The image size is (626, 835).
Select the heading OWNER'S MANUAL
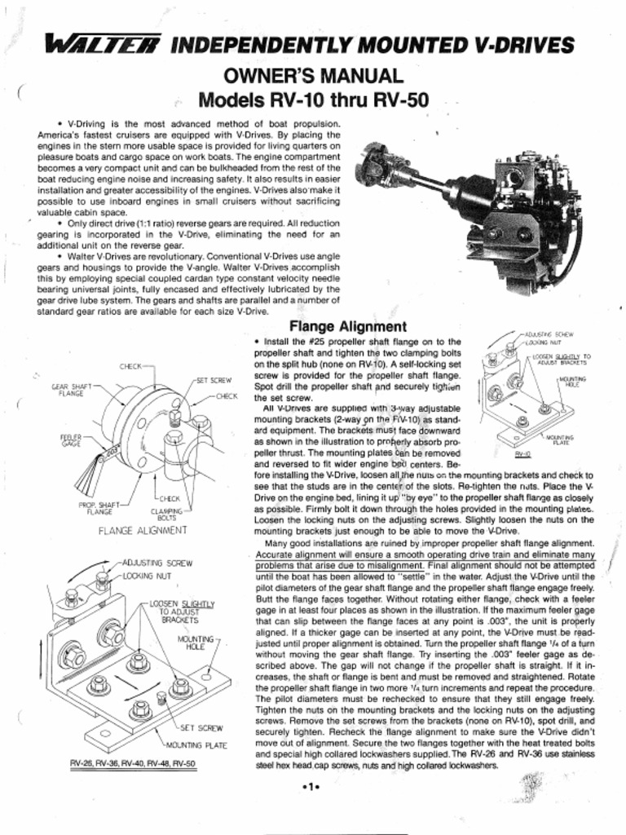(313, 77)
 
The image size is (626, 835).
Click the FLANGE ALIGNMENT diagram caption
(143, 530)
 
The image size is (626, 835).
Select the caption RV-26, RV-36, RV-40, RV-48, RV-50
(132, 764)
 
